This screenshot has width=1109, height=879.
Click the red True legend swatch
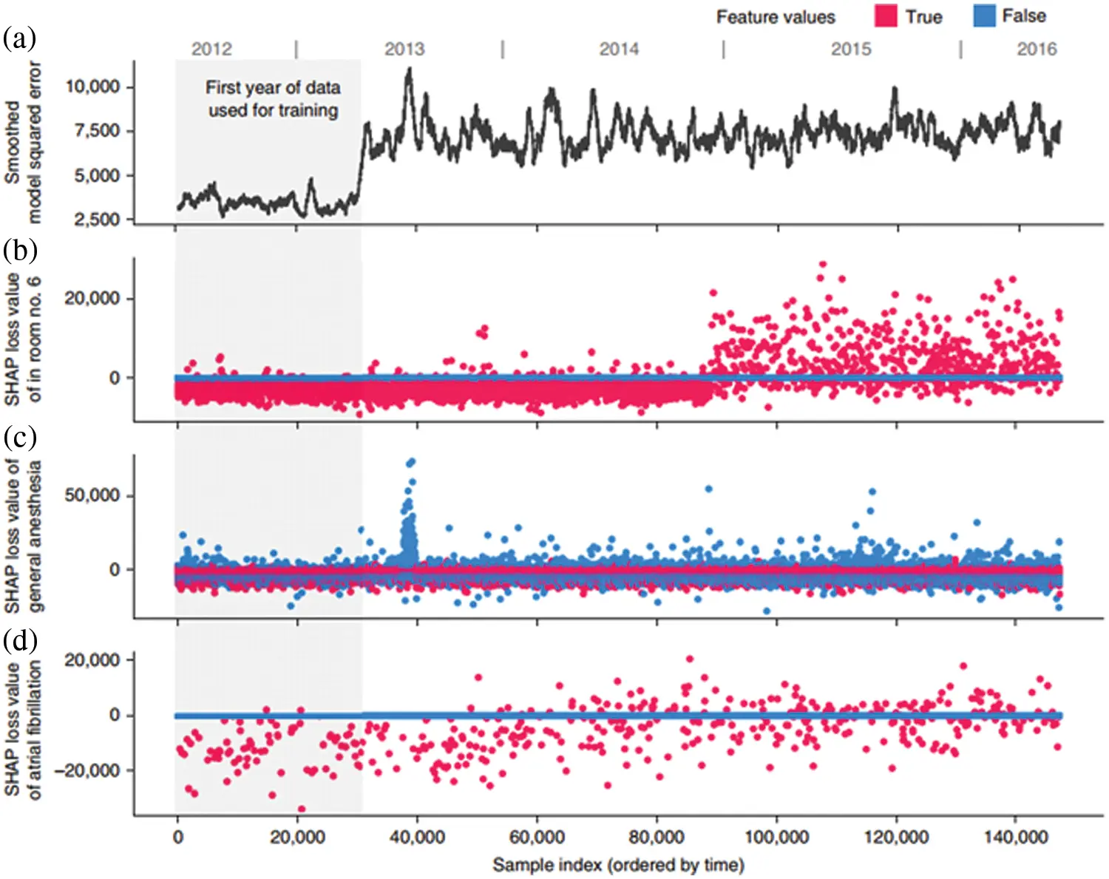pos(885,16)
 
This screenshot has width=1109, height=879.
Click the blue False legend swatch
pos(984,16)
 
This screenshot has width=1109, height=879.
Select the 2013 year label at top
pos(404,50)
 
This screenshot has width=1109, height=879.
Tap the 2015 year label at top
pos(851,50)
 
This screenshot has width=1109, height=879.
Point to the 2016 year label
pos(1037,50)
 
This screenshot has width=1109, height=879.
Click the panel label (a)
pos(19,38)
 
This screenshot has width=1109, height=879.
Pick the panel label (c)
pos(19,438)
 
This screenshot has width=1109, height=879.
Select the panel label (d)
pos(19,639)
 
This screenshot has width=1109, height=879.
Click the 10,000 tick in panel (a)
pos(92,87)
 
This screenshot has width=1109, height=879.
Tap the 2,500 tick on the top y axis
pos(96,220)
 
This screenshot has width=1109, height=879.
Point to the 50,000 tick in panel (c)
pos(92,495)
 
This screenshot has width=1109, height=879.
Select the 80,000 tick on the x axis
pos(657,838)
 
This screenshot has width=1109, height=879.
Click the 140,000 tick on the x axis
pos(1016,838)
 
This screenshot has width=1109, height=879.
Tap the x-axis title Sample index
pos(618,864)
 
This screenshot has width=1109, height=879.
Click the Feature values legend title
pos(776,17)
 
